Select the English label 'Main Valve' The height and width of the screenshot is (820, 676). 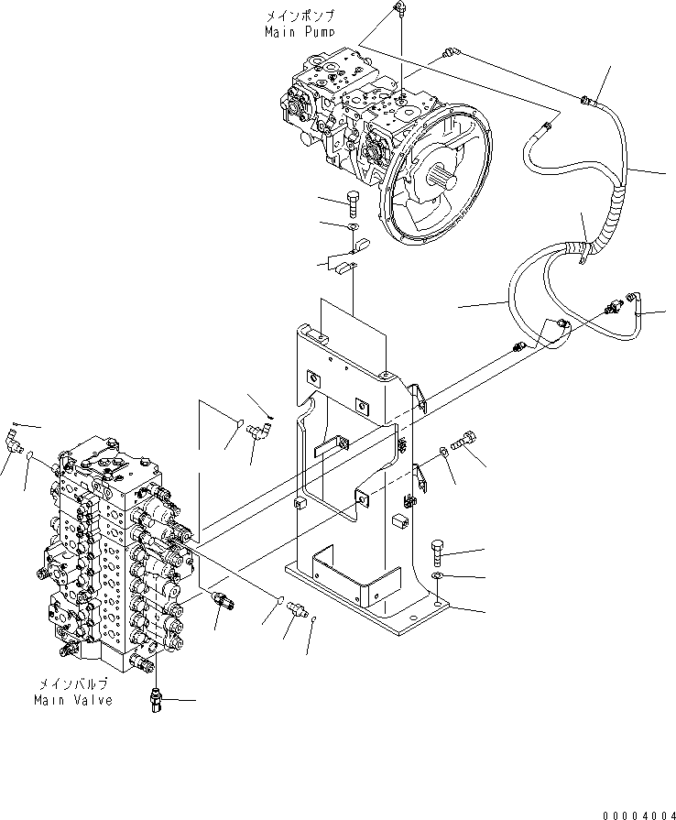point(73,700)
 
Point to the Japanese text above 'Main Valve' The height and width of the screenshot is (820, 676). point(73,684)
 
